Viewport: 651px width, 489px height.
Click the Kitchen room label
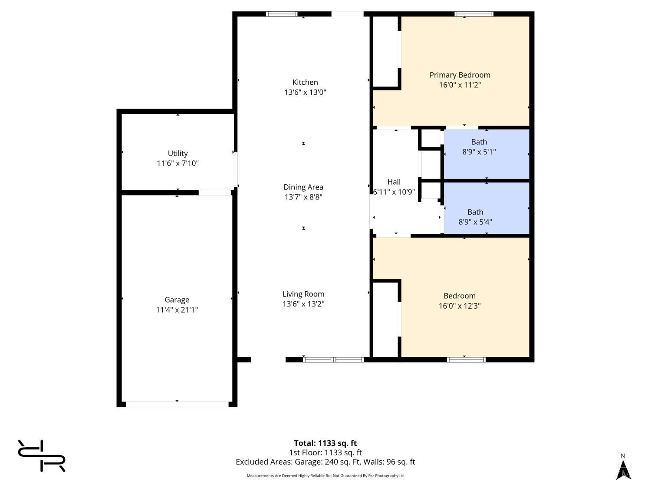tap(305, 82)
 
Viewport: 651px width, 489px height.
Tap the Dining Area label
tap(303, 187)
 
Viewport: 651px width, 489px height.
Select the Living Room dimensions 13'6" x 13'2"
tap(303, 304)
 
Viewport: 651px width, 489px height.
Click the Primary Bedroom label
tap(460, 75)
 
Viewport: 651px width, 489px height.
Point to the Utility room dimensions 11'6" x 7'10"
tap(178, 163)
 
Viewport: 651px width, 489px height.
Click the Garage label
tap(177, 299)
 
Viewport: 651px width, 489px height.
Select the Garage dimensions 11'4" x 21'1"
tap(177, 309)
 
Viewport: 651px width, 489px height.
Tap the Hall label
tap(394, 182)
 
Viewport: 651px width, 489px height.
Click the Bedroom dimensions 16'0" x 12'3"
tap(460, 306)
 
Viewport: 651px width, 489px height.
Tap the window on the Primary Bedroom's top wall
tap(473, 13)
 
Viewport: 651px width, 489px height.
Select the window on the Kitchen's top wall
tap(282, 13)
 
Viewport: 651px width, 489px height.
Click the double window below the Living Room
tap(333, 359)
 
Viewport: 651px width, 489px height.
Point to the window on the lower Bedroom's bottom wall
tap(466, 359)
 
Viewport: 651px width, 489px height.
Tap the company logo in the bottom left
tap(42, 455)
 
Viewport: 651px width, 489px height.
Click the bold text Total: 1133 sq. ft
tap(325, 443)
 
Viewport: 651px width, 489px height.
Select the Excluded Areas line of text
tap(325, 462)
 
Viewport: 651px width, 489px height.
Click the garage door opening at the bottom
tap(177, 404)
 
